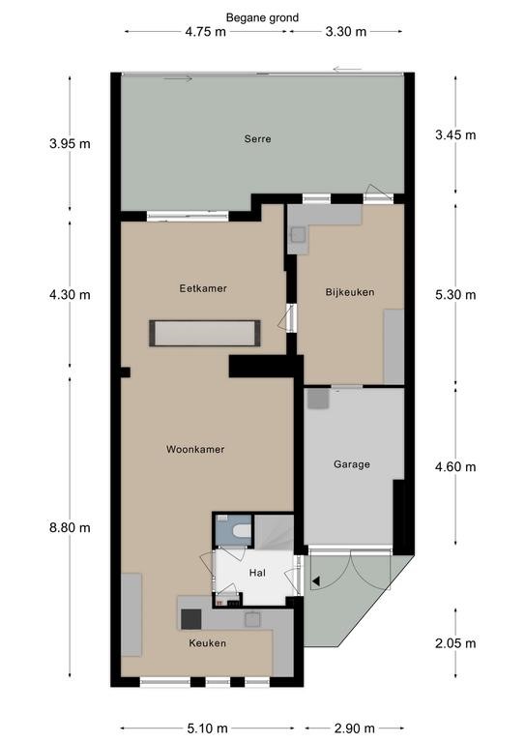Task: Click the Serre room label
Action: (x=257, y=139)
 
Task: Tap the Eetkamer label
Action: (x=203, y=288)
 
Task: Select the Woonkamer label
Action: (x=195, y=449)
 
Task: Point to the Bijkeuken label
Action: (x=350, y=292)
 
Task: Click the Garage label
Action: (x=352, y=464)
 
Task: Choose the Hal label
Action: (x=257, y=573)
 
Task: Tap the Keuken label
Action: (x=207, y=643)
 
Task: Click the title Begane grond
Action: (x=262, y=18)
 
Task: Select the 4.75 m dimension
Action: (x=205, y=32)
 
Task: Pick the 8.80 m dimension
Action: (x=70, y=527)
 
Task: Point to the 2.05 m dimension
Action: (x=455, y=643)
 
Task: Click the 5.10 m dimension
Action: (x=207, y=728)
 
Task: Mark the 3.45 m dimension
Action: (x=455, y=135)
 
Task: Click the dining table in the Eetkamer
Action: (x=205, y=333)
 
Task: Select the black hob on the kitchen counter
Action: (x=191, y=619)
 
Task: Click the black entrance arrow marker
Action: (x=316, y=580)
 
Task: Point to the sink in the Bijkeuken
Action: (x=299, y=234)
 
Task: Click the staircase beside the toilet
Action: (x=274, y=531)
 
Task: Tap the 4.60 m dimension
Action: (x=455, y=467)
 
